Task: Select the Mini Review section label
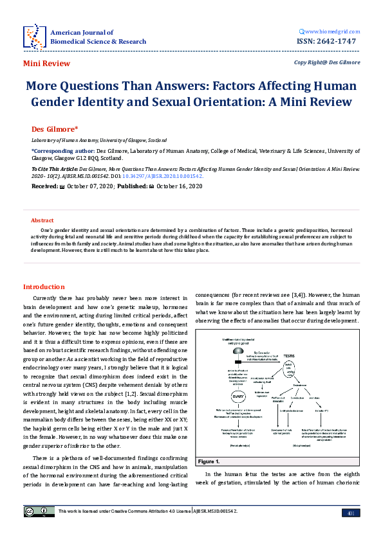click(46, 64)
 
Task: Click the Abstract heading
click(42, 220)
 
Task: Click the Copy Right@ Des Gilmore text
click(327, 63)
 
